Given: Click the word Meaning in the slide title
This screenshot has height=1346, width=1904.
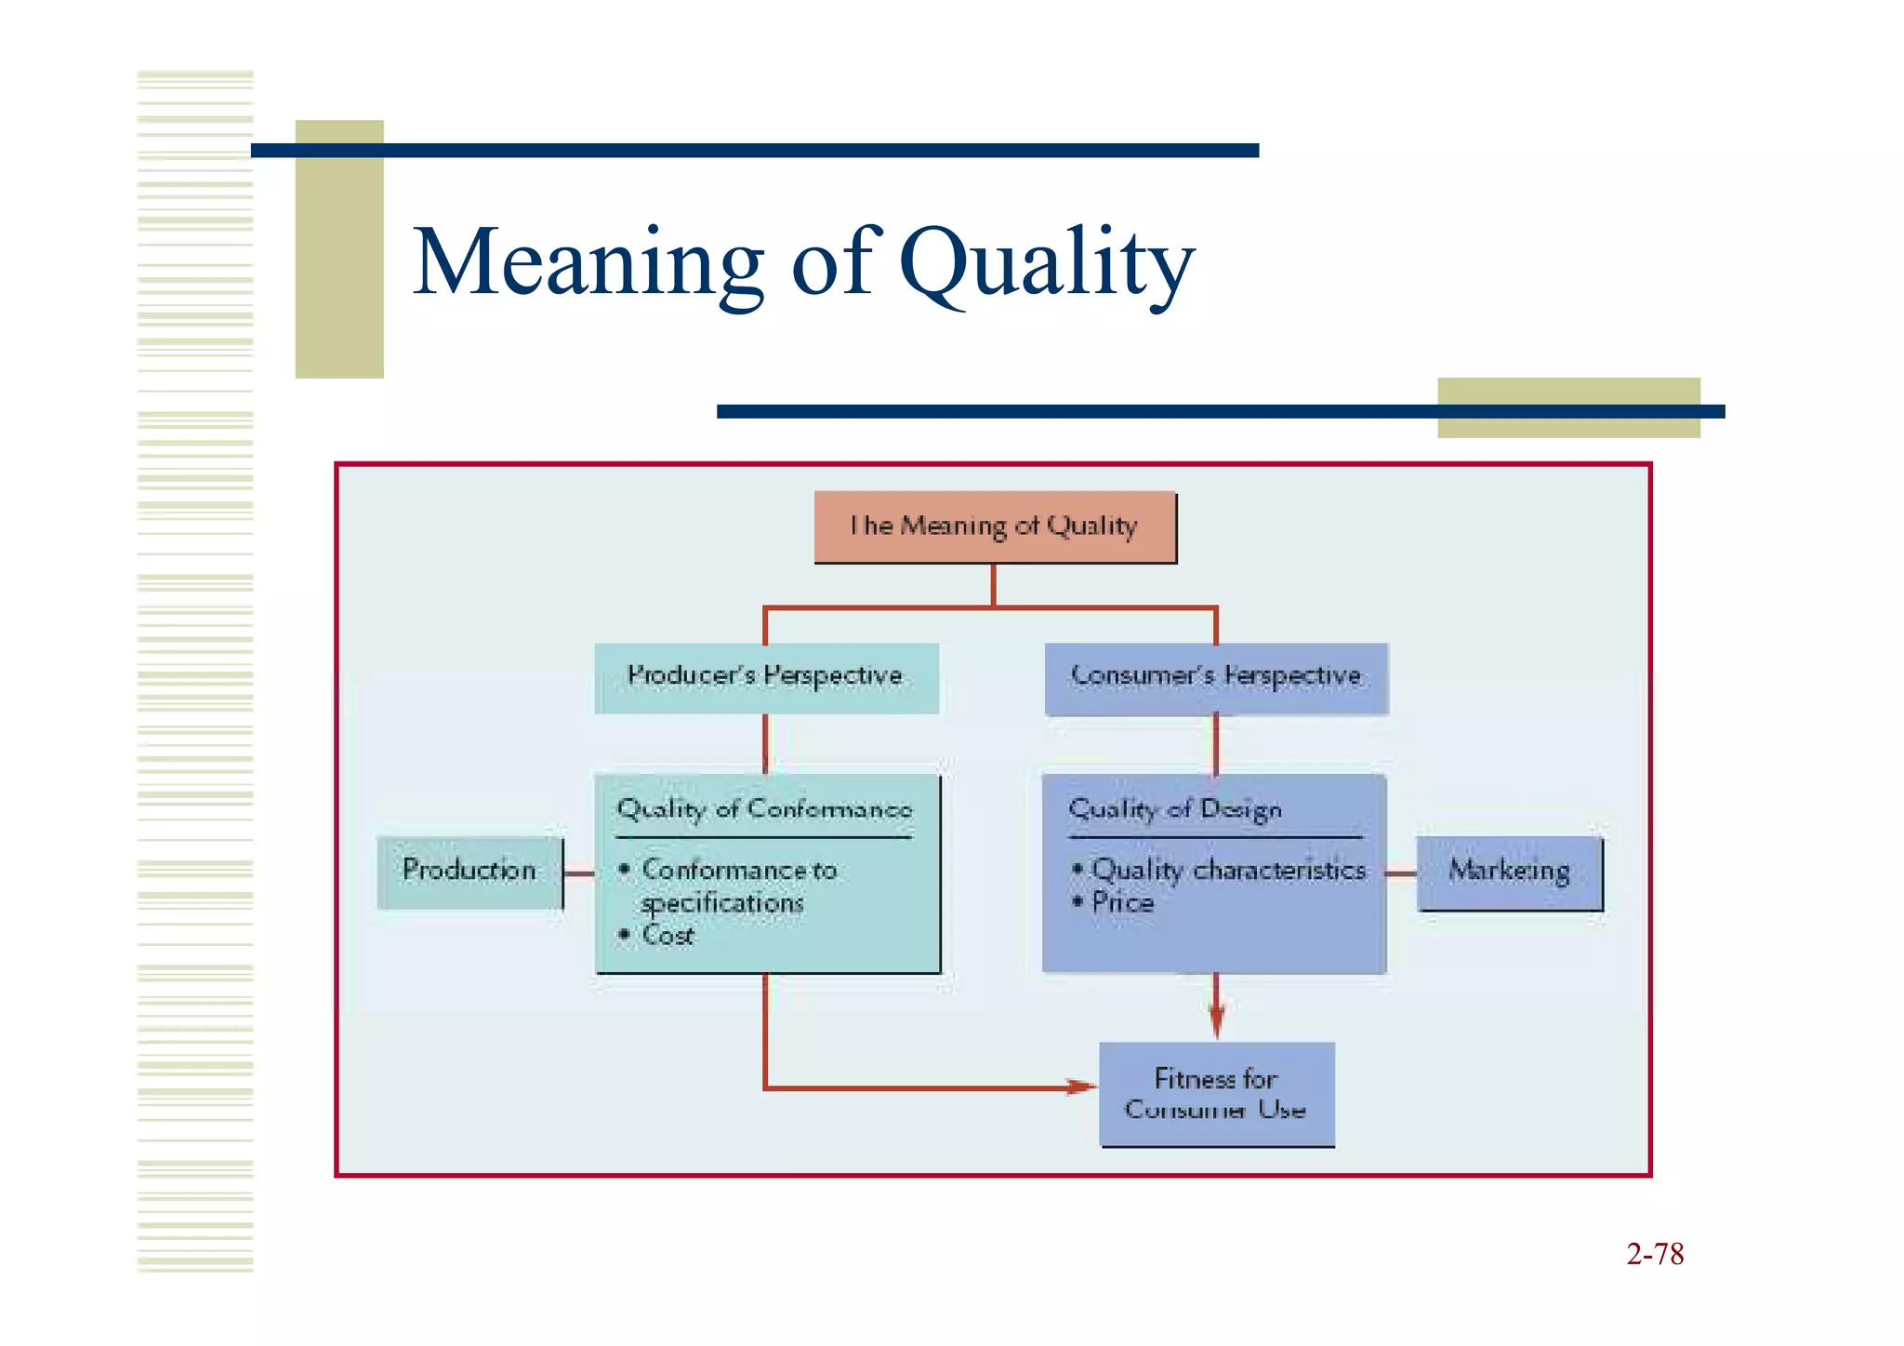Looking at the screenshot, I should coord(588,263).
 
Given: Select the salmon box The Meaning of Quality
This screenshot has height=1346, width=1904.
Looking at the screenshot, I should coord(994,526).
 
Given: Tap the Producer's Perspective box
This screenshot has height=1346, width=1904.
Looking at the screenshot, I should coord(765,677).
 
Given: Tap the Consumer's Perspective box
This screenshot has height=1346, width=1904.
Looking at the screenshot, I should coord(1216,677).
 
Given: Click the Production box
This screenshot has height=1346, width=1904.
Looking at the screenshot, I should coord(469,872).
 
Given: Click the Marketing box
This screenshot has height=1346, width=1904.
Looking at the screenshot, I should coord(1509,872).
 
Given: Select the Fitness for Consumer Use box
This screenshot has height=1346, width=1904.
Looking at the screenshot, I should coord(1216,1094).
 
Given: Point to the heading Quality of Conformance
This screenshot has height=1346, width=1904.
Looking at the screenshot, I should coord(764,809).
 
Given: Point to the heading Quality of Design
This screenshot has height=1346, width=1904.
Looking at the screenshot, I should coord(1175,809).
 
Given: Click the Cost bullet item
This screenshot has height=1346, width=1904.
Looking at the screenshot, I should coord(668,936).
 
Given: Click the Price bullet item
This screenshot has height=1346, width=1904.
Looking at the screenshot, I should coord(1122,902).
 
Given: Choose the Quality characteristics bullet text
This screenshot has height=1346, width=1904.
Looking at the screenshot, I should coord(1228,870).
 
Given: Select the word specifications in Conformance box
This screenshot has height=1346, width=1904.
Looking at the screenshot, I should coord(722,903).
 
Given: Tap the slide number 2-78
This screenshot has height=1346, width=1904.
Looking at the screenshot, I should coord(1655,1254).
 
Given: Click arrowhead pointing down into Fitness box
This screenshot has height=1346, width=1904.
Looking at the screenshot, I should coord(1216,1023).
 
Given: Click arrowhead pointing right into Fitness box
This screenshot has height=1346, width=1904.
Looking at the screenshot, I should coord(1080,1086).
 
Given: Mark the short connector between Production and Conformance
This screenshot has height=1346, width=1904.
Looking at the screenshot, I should coord(579,873).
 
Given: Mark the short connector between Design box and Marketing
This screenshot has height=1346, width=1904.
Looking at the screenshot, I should coord(1400,873).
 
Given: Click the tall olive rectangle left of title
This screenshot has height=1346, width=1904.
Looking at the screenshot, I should coord(339,249).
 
